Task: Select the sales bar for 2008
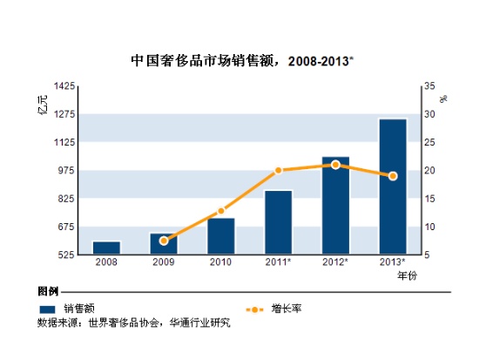coord(106,248)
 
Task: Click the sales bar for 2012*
coord(335,206)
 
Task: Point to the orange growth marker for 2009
coord(164,241)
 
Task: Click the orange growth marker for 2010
coord(221,211)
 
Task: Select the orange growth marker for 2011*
coord(279,170)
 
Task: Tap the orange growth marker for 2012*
coord(335,165)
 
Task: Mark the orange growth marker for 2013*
coord(393,176)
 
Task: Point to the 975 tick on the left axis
coord(70,171)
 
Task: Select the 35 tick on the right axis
coord(428,86)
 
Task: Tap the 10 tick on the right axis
coord(428,227)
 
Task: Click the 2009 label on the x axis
coord(164,262)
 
